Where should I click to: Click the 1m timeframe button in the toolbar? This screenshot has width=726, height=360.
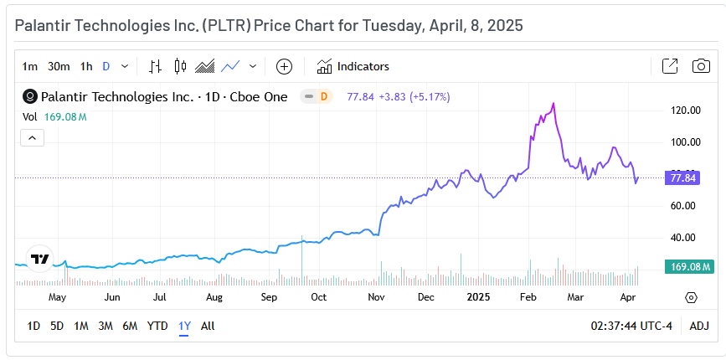[30, 66]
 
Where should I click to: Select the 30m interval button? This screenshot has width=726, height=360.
[59, 66]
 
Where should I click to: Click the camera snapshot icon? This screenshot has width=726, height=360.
[701, 66]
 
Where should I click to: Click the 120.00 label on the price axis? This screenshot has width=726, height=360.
[687, 111]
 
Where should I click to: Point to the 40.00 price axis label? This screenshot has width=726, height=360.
[687, 238]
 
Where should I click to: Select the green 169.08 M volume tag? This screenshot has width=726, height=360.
[687, 267]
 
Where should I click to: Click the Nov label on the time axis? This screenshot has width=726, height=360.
[376, 297]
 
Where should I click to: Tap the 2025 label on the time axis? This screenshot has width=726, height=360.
[478, 297]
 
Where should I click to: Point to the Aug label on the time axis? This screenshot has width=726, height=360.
[214, 297]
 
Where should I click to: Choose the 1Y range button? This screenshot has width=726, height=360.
[184, 326]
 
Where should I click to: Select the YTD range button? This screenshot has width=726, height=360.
[157, 326]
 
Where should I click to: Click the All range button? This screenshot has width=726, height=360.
[208, 326]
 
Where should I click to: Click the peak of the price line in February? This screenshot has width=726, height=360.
[554, 104]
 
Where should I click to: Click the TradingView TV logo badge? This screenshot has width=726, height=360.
[39, 259]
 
